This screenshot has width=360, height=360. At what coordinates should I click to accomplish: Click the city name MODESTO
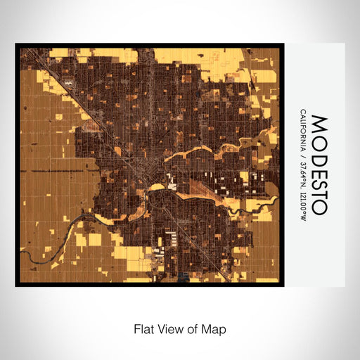pyautogui.click(x=318, y=165)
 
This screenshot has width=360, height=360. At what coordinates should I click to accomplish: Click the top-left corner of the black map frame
pyautogui.click(x=15, y=44)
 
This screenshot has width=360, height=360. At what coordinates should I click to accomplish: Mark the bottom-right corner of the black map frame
pyautogui.click(x=284, y=286)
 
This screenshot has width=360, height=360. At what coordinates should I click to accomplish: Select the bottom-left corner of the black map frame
pyautogui.click(x=15, y=286)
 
